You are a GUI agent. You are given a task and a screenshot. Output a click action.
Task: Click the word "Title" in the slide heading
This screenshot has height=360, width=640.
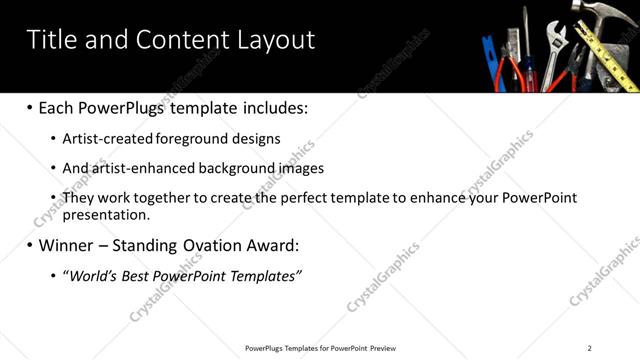tap(51, 40)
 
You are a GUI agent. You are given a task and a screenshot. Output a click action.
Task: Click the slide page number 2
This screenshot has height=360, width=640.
tap(590, 348)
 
